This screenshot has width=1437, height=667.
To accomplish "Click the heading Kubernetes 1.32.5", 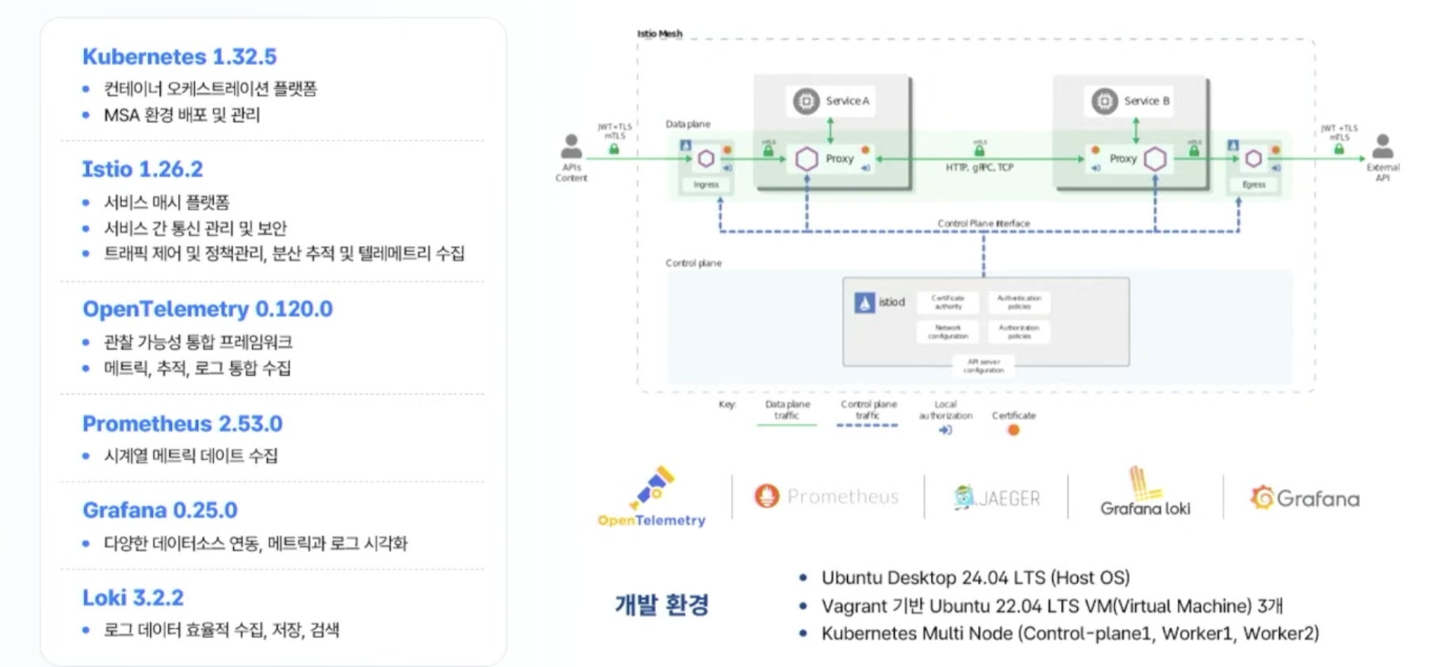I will click(179, 57).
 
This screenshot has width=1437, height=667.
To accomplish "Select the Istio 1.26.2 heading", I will click(142, 169).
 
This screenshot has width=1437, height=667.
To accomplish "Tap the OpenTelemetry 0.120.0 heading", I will click(207, 309).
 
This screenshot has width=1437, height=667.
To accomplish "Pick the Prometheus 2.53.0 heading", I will click(182, 424).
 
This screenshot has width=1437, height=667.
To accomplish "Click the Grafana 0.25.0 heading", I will click(160, 510).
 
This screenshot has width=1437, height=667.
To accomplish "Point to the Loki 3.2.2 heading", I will click(132, 598).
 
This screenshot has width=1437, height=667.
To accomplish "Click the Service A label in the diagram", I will click(847, 101).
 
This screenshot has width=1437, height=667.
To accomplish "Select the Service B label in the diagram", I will click(1146, 101).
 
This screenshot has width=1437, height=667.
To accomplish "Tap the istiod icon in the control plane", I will click(864, 303).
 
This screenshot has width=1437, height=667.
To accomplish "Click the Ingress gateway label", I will click(706, 185).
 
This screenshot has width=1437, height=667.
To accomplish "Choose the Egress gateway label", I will click(1254, 185).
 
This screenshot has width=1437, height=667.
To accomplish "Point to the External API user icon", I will click(1382, 146).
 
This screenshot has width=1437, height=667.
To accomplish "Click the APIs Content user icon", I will click(571, 146).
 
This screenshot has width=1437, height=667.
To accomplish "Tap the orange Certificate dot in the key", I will click(1014, 430).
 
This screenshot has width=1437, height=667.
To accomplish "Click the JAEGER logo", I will click(997, 497).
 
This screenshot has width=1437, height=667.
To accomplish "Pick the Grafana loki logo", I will click(1145, 494).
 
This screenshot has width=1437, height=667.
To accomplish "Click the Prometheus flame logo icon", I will click(766, 496).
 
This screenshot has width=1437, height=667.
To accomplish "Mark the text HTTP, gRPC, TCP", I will click(979, 167).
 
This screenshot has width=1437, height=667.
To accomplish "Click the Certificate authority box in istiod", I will click(947, 302).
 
